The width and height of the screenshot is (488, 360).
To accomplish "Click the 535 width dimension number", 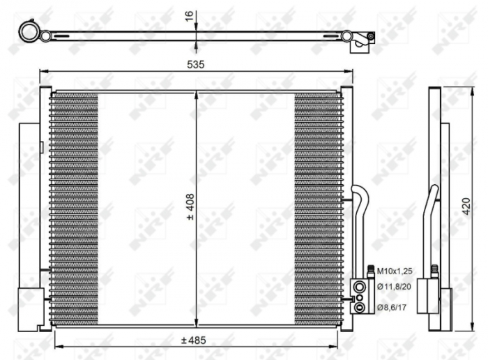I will (x=195, y=64).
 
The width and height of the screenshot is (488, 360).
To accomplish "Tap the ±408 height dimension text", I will (x=189, y=207).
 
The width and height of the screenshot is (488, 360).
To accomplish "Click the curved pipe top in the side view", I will (x=434, y=192).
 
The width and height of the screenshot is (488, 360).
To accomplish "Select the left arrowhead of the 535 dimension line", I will (x=43, y=71).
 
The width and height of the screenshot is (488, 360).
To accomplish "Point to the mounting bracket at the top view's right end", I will (x=363, y=41).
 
